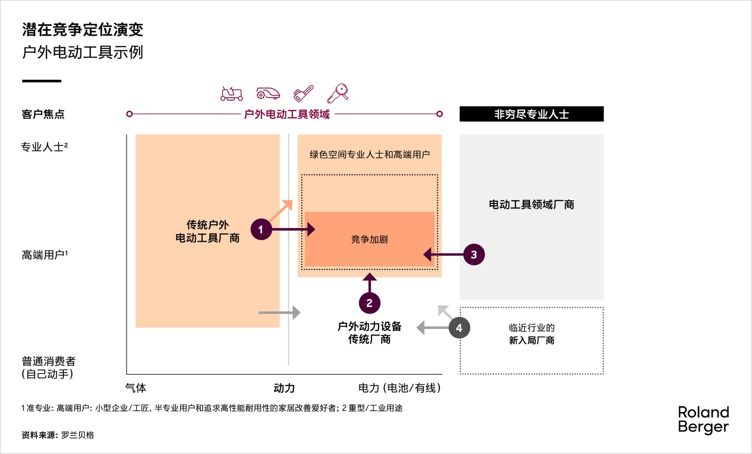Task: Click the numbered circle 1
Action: pyautogui.click(x=261, y=229)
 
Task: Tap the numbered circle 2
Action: pyautogui.click(x=369, y=303)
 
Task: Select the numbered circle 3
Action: pyautogui.click(x=474, y=255)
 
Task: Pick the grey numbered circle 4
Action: pyautogui.click(x=459, y=328)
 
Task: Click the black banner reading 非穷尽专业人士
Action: pyautogui.click(x=532, y=114)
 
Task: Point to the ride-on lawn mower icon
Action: pyautogui.click(x=231, y=94)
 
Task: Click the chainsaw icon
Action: pyautogui.click(x=304, y=93)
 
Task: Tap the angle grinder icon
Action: pyautogui.click(x=338, y=93)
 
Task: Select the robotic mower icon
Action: pyautogui.click(x=268, y=94)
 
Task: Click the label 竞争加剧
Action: pyautogui.click(x=369, y=239)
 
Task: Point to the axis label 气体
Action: pyautogui.click(x=136, y=388)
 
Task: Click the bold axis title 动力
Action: pyautogui.click(x=284, y=388)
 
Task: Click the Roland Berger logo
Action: pyautogui.click(x=703, y=420)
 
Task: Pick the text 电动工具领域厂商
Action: pyautogui.click(x=532, y=204)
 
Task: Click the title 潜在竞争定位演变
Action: pyautogui.click(x=83, y=30)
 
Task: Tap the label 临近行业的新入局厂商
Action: pyautogui.click(x=532, y=334)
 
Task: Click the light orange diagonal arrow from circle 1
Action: pyautogui.click(x=281, y=211)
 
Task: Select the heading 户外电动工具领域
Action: pyautogui.click(x=287, y=114)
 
